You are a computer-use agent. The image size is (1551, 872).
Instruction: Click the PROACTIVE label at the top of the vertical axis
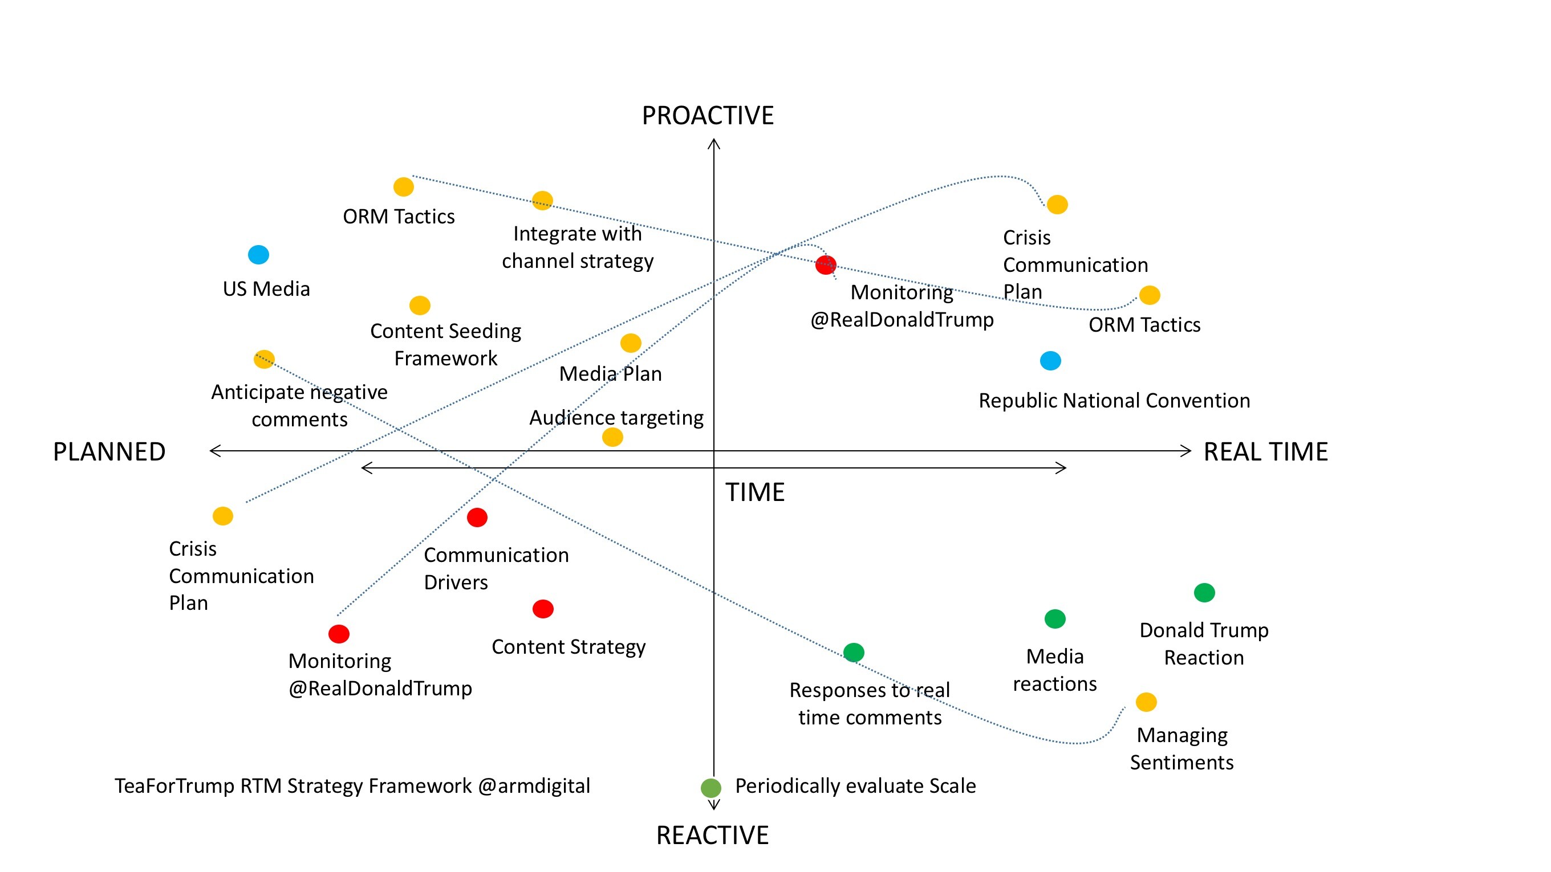coord(708,116)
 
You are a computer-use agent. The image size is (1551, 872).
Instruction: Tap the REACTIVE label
coord(712,836)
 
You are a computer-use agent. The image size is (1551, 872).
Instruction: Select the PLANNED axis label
coord(109,452)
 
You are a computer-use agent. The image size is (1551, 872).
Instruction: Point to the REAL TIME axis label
coord(1266,452)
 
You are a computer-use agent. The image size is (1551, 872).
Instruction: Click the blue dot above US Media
coord(258,255)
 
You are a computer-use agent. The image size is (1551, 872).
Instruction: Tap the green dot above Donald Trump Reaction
coord(1204,593)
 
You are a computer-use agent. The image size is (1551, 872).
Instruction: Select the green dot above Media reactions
coord(1055,618)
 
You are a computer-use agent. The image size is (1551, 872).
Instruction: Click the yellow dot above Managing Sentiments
coord(1146,702)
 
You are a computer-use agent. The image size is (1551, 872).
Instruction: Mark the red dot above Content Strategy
coord(543,609)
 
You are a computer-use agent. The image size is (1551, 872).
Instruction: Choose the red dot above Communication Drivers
coord(477,518)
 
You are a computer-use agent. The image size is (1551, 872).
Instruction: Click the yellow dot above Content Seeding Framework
coord(420,305)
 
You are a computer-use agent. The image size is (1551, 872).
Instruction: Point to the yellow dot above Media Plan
coord(631,343)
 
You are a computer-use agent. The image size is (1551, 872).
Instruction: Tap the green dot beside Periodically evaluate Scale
coord(711,788)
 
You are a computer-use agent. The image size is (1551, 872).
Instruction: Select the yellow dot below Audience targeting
coord(612,437)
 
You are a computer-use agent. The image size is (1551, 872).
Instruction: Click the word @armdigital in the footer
coord(534,786)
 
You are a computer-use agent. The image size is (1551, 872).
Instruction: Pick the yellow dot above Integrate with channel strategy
coord(542,201)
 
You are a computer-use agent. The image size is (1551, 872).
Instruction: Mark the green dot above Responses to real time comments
coord(854,653)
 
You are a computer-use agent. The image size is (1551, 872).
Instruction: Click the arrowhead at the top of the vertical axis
coord(714,141)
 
